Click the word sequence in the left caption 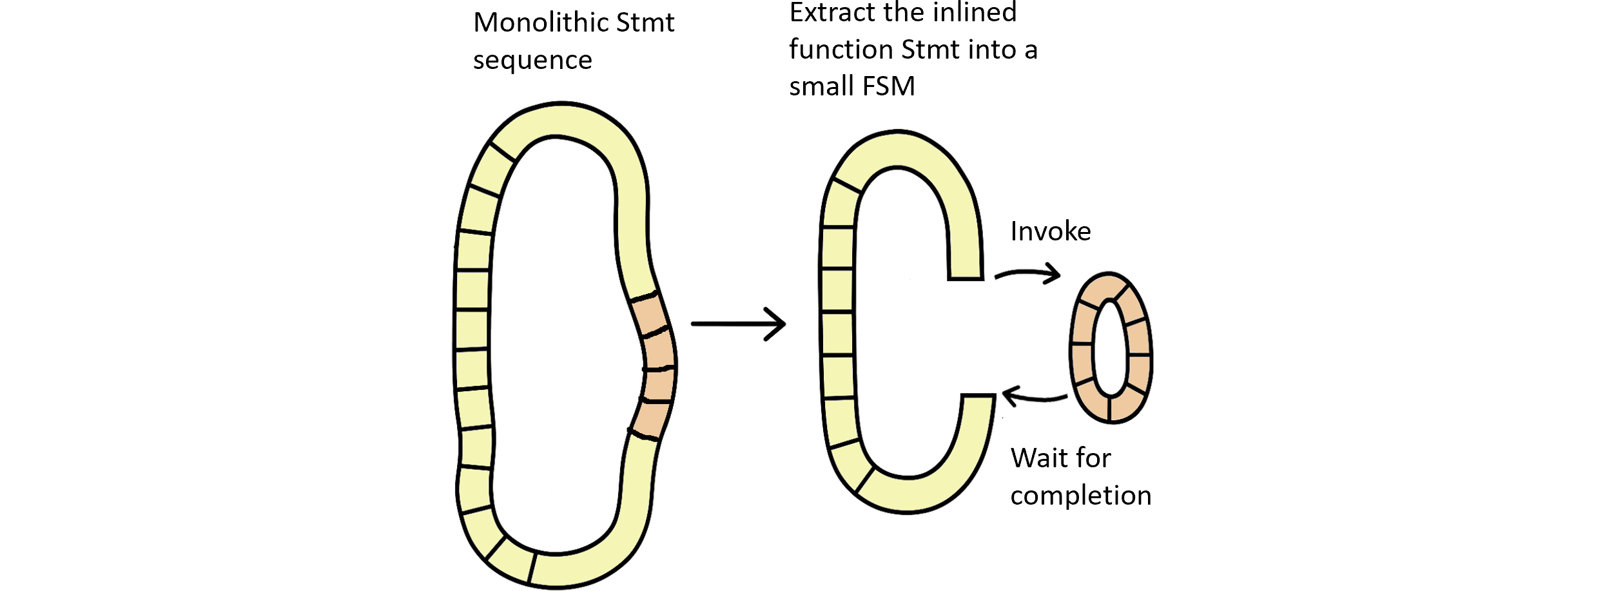point(532,61)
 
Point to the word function point(841,50)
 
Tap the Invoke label point(1050,231)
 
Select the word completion point(1080,496)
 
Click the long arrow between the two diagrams point(738,323)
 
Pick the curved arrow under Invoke point(1027,274)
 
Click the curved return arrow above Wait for point(1034,396)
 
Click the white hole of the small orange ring point(1110,348)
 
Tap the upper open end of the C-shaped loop point(965,273)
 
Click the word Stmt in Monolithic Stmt point(645,23)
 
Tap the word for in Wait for point(1094,458)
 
